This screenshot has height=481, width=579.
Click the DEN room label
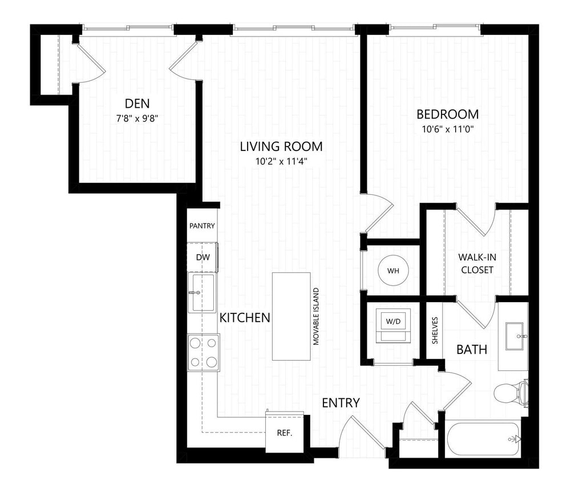(x=137, y=103)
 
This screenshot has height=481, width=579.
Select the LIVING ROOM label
(x=281, y=146)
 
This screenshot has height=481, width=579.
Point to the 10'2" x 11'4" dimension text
(x=281, y=162)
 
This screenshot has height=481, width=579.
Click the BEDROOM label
(x=447, y=114)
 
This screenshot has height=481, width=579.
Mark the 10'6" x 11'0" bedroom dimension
(x=447, y=129)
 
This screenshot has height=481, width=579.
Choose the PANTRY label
(x=202, y=226)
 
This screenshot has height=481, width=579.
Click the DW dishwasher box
(x=203, y=257)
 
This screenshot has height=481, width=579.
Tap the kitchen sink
(x=202, y=292)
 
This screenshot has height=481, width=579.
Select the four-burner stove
(x=204, y=352)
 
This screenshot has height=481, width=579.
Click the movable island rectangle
(x=291, y=316)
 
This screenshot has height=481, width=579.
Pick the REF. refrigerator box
(x=285, y=433)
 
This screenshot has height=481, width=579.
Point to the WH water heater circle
(x=394, y=270)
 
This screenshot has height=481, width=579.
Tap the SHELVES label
(x=435, y=331)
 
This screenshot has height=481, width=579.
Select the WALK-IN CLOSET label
(x=476, y=263)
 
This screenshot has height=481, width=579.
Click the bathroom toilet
(x=509, y=392)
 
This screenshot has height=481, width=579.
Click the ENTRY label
(x=341, y=403)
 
